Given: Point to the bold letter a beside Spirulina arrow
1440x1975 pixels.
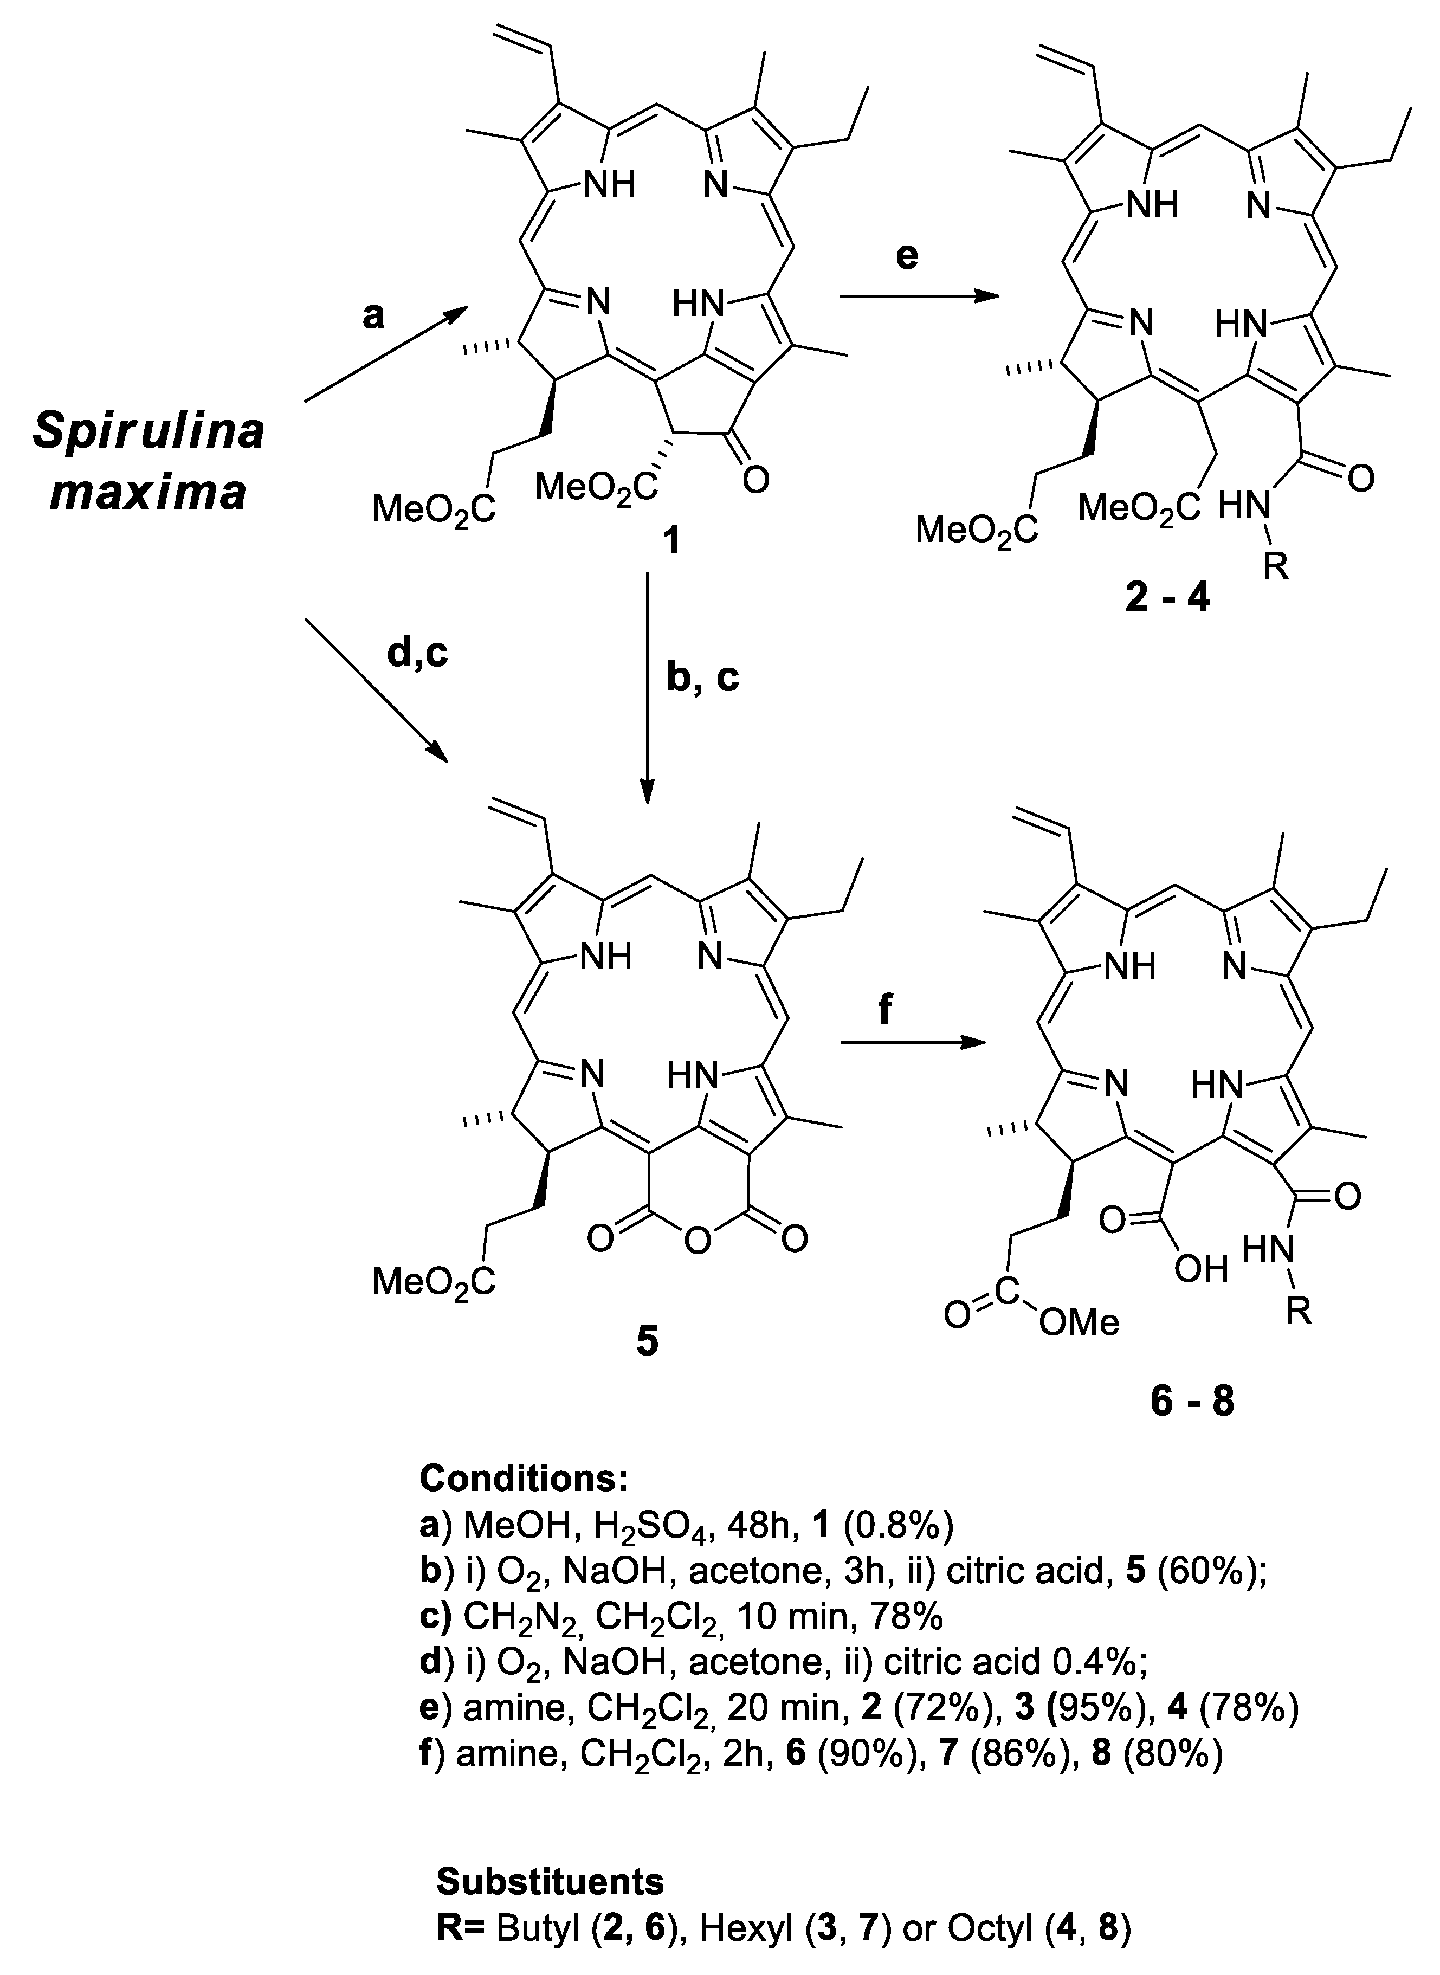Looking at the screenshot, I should [373, 317].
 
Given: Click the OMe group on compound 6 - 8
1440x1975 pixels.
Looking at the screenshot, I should [1079, 1324].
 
